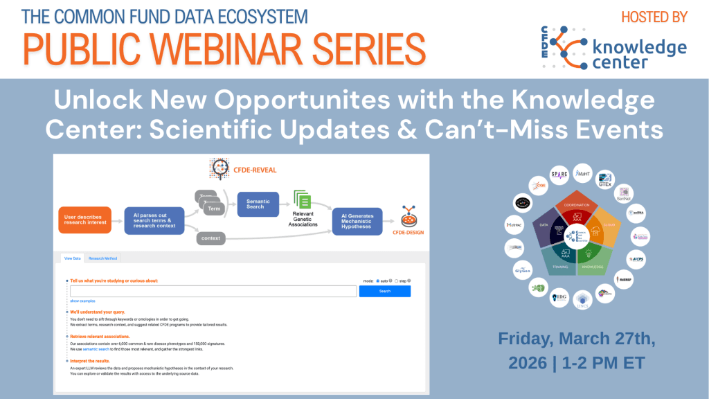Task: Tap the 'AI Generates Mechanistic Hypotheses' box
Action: (x=357, y=221)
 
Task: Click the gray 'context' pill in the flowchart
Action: (x=210, y=239)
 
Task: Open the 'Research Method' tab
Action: (x=103, y=258)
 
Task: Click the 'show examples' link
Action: (x=82, y=301)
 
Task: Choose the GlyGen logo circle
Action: (x=522, y=270)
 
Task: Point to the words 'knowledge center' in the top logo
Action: (x=640, y=55)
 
